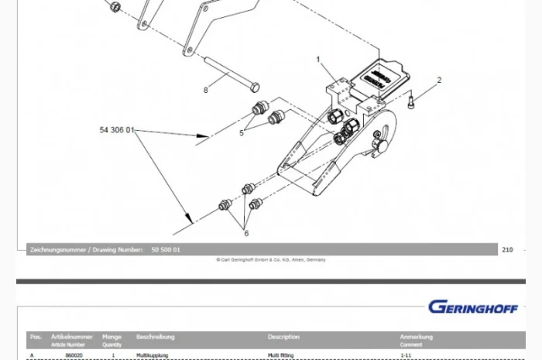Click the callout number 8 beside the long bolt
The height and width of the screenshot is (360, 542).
(206, 91)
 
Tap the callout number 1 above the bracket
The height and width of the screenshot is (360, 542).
(317, 59)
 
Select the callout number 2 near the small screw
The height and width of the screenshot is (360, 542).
(439, 80)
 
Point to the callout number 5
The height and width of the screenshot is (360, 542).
(242, 132)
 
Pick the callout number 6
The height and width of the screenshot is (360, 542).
(246, 232)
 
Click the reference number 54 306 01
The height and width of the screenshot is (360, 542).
(117, 130)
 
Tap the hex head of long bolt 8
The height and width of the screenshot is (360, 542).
(255, 87)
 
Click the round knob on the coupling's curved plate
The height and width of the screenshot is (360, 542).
(380, 146)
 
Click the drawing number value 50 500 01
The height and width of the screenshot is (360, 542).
(166, 250)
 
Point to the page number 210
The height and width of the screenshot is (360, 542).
(507, 249)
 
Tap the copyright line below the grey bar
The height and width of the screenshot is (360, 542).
(271, 259)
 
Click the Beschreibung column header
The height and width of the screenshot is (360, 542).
(155, 337)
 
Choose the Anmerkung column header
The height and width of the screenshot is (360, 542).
(416, 337)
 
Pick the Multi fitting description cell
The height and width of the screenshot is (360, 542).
(281, 355)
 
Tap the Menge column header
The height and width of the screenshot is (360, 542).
(112, 337)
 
